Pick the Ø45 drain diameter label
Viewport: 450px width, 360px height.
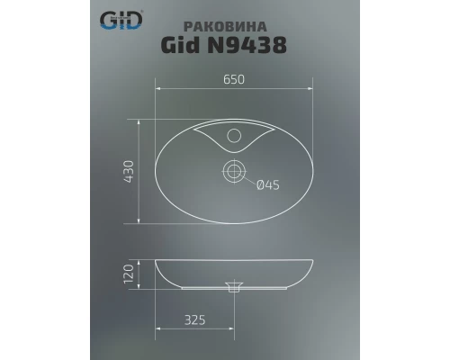tap(269, 185)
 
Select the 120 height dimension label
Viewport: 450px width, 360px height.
tap(129, 272)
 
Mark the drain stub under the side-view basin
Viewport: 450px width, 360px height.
tap(236, 290)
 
